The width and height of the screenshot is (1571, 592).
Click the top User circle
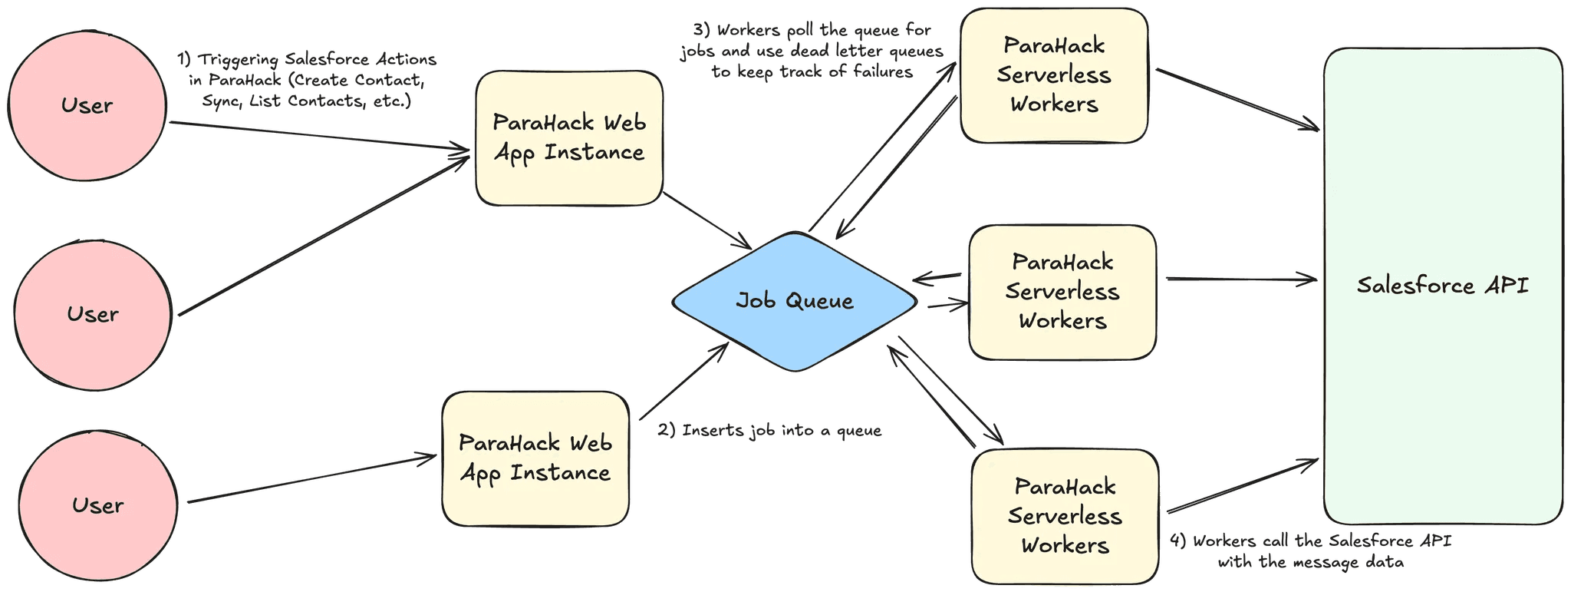tap(87, 105)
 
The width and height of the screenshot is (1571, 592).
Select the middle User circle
tap(92, 314)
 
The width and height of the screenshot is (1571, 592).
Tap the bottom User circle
tap(97, 505)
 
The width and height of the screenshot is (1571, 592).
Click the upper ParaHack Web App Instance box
tap(568, 138)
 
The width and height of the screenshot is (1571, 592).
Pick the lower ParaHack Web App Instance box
tap(535, 458)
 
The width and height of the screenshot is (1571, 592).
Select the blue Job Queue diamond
tap(794, 300)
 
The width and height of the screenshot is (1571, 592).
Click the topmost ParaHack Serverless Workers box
tap(1053, 75)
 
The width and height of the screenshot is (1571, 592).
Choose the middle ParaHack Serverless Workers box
tap(1062, 292)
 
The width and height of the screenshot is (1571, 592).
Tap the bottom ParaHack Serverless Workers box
tap(1065, 516)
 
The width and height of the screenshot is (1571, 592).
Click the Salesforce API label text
tap(1442, 286)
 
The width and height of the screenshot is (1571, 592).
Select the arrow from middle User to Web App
tap(322, 234)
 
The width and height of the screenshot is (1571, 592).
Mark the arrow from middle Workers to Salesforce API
tap(1239, 279)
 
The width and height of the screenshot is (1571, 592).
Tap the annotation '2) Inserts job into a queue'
tap(769, 431)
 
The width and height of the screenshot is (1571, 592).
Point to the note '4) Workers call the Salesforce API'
tap(1310, 541)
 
